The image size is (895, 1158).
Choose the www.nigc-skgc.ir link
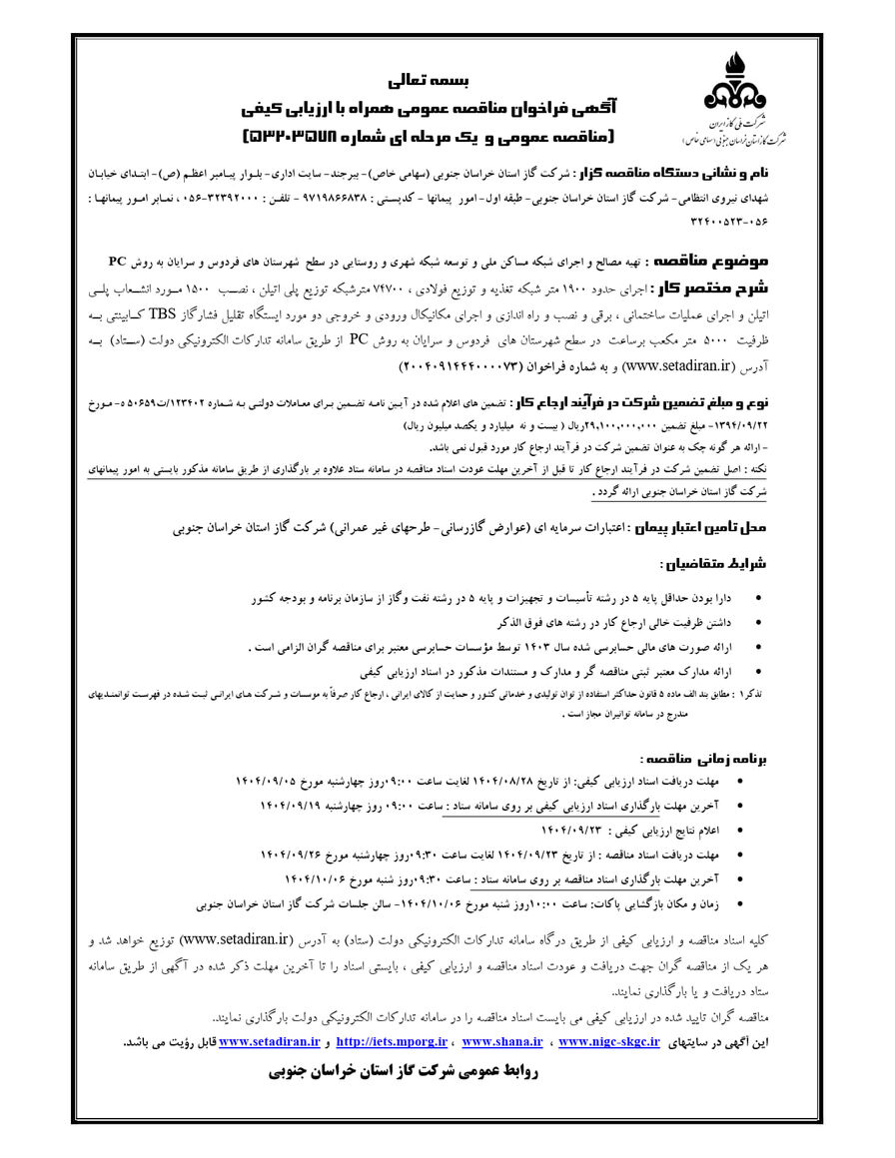tap(609, 1042)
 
